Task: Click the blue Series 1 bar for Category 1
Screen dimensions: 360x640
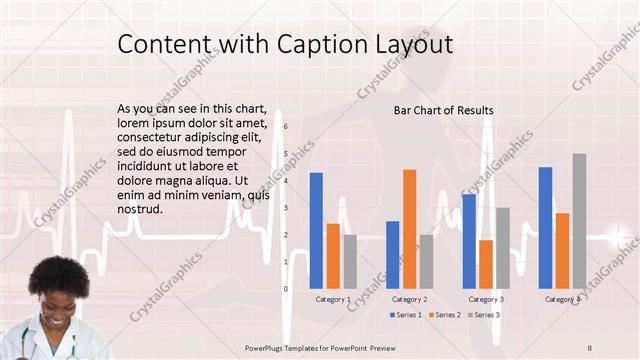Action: pyautogui.click(x=316, y=230)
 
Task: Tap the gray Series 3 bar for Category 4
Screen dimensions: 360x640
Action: pyautogui.click(x=579, y=221)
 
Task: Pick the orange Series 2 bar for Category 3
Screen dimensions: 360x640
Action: pyautogui.click(x=486, y=264)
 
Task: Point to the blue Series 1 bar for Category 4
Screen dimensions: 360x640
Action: pyautogui.click(x=545, y=227)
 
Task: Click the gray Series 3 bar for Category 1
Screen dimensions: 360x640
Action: pyautogui.click(x=350, y=261)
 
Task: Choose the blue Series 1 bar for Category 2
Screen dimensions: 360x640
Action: pyautogui.click(x=392, y=254)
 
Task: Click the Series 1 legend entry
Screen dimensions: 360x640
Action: pyautogui.click(x=405, y=315)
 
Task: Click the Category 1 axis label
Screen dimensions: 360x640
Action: pyautogui.click(x=333, y=299)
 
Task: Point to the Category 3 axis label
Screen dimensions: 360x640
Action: pyautogui.click(x=486, y=299)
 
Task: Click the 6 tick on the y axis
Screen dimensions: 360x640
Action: pyautogui.click(x=286, y=127)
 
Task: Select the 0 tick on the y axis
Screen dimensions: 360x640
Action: pyautogui.click(x=286, y=288)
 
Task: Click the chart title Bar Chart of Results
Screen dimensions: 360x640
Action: pyautogui.click(x=443, y=110)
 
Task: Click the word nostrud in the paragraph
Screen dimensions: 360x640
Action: pyautogui.click(x=139, y=210)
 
